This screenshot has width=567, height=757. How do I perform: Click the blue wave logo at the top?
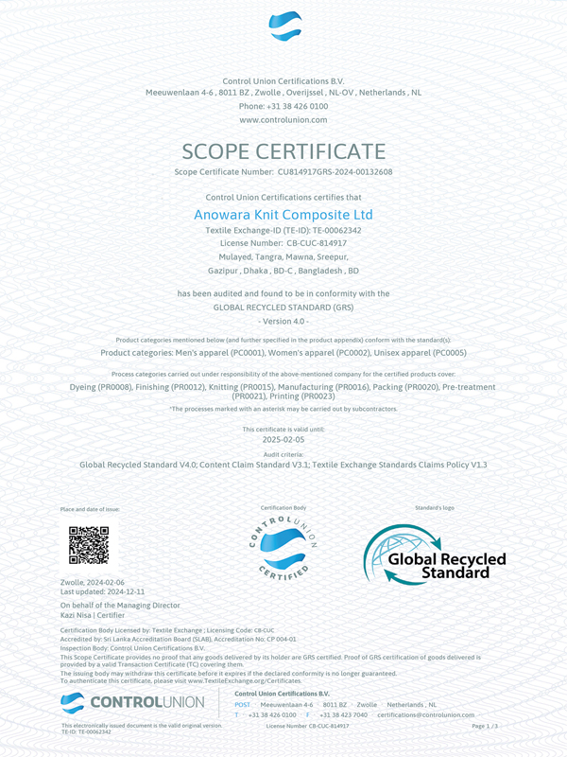click(x=283, y=26)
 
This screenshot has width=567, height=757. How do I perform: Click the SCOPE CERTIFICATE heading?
click(x=283, y=151)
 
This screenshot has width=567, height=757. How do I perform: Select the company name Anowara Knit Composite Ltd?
click(x=283, y=215)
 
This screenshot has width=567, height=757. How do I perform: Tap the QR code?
click(x=89, y=545)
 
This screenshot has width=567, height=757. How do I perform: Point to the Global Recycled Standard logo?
click(x=435, y=554)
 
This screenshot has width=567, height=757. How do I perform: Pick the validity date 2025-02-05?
click(x=283, y=439)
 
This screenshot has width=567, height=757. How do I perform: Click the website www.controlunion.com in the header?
click(x=283, y=120)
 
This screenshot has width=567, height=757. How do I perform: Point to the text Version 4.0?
click(x=283, y=322)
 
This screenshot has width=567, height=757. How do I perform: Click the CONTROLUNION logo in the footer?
click(x=132, y=702)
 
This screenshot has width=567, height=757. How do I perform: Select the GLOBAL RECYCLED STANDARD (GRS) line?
click(x=283, y=308)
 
